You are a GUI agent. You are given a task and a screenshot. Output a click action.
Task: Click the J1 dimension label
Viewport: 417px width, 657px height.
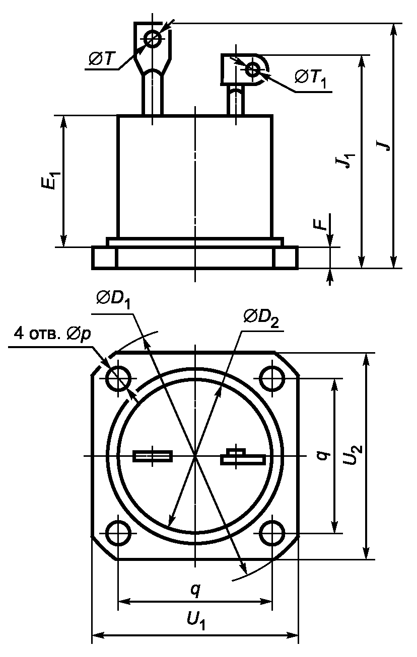pos(347,161)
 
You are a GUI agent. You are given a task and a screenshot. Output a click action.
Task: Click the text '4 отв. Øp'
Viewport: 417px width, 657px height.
pos(52,335)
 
